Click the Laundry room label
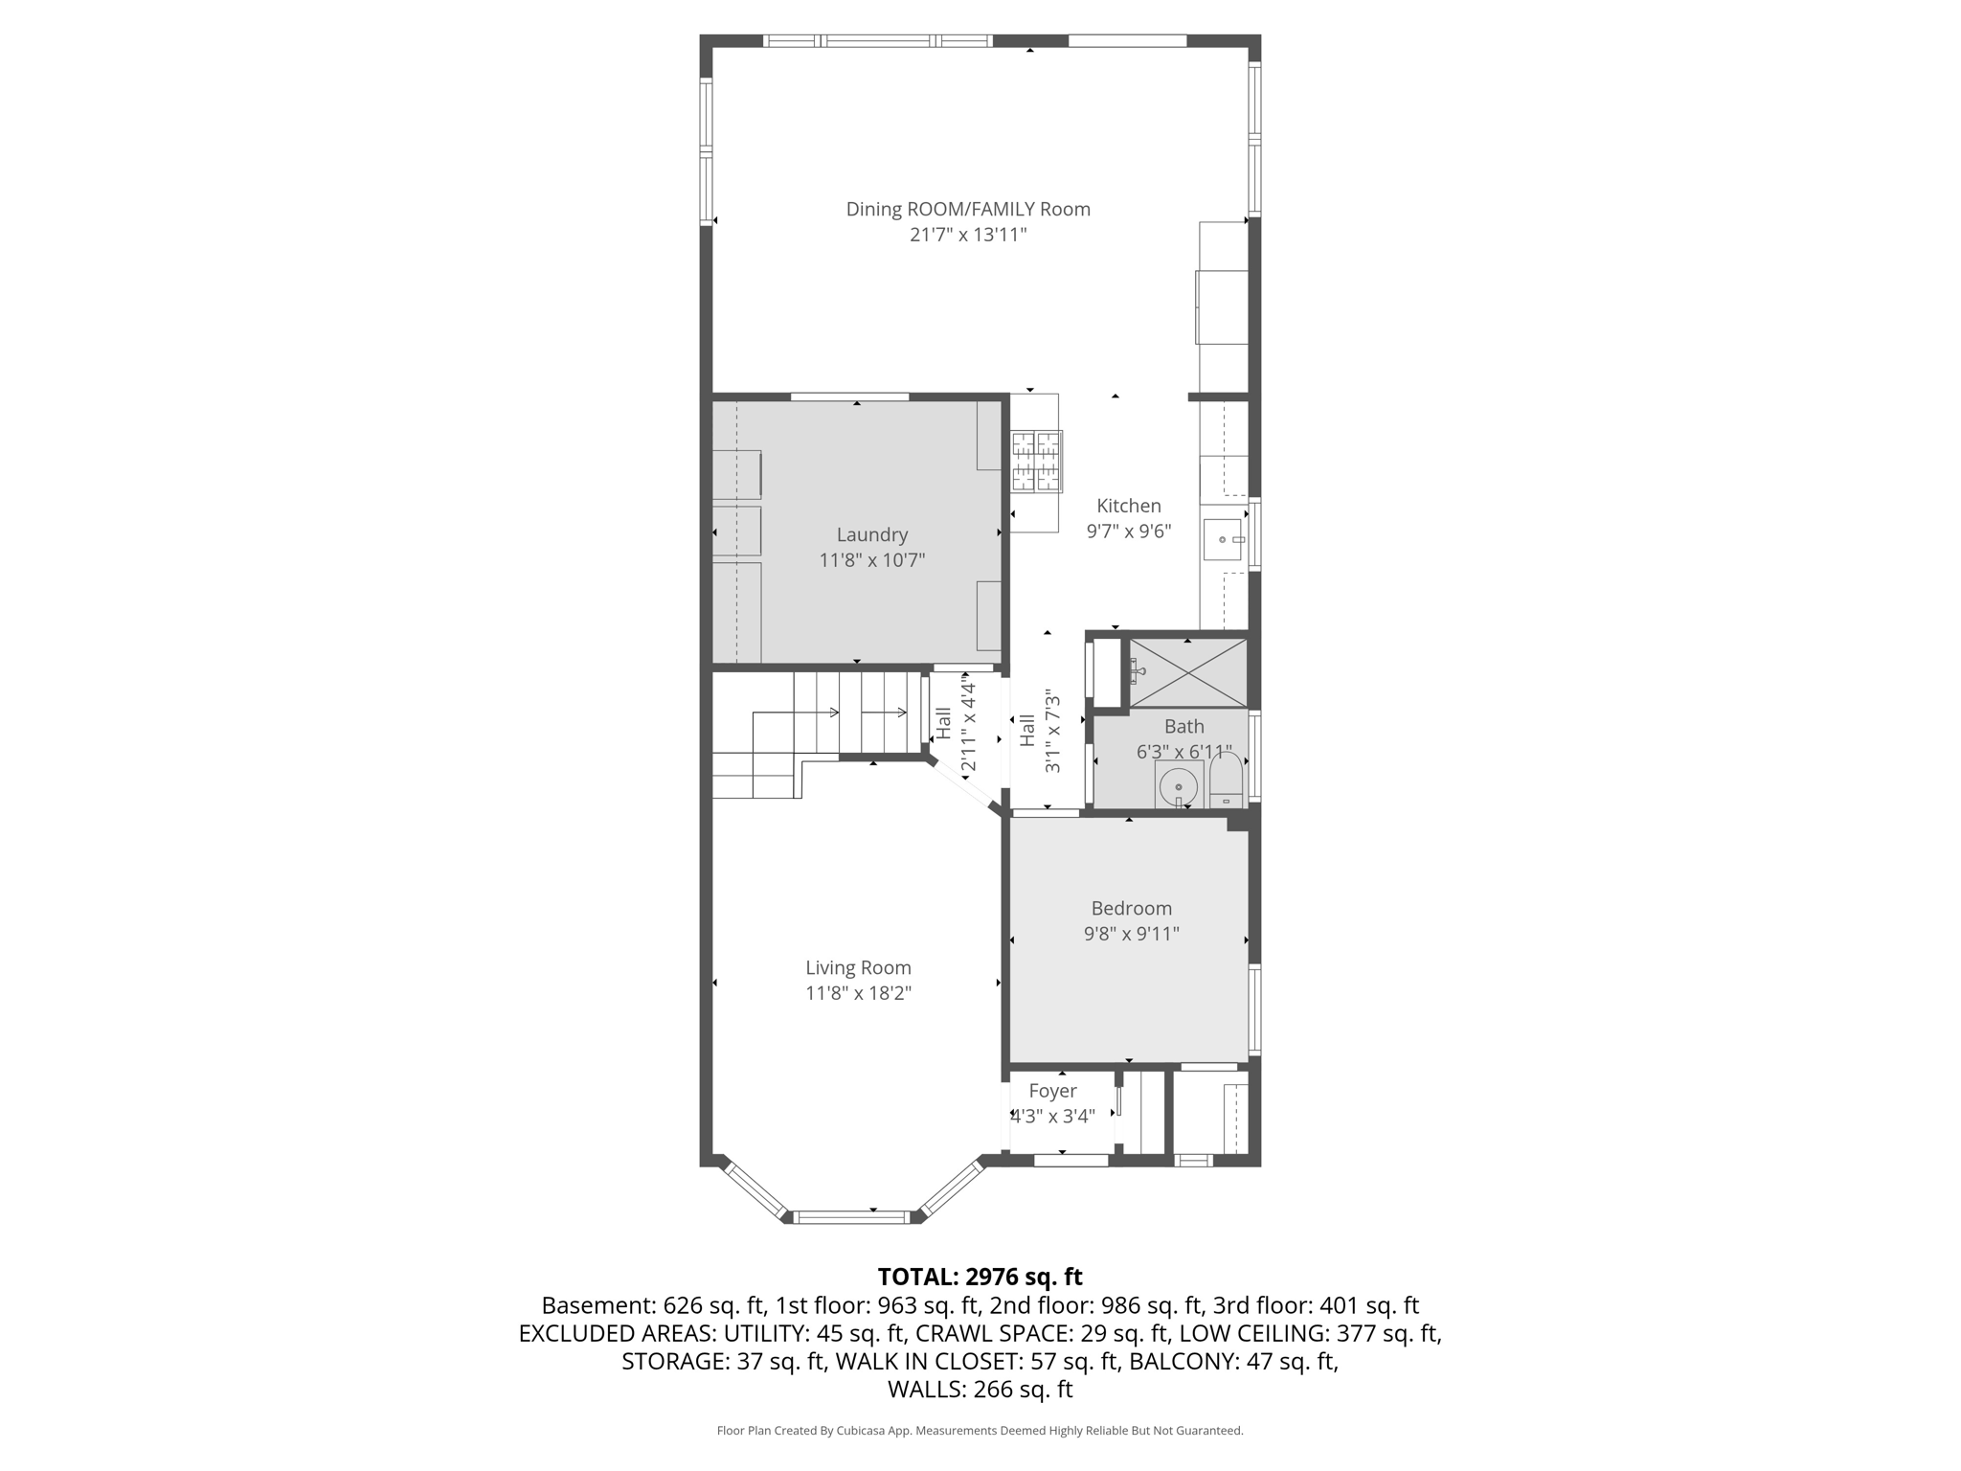pos(871,535)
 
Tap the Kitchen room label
pos(1128,506)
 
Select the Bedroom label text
pos(1131,908)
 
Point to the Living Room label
pos(858,968)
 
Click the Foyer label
pos(1052,1091)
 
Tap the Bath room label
pos(1184,727)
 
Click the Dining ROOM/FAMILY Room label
pos(968,209)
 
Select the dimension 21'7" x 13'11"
pos(968,235)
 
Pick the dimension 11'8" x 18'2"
pos(858,993)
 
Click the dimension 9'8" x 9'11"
pos(1131,934)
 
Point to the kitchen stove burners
pos(1037,462)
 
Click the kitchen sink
pos(1223,540)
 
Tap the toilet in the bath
pos(1226,781)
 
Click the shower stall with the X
pos(1188,673)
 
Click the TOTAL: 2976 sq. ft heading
pos(980,1277)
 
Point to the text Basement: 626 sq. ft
pos(653,1305)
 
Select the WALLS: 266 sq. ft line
pos(980,1389)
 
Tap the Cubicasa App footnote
pos(980,1431)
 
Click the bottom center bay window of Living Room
pos(851,1217)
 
